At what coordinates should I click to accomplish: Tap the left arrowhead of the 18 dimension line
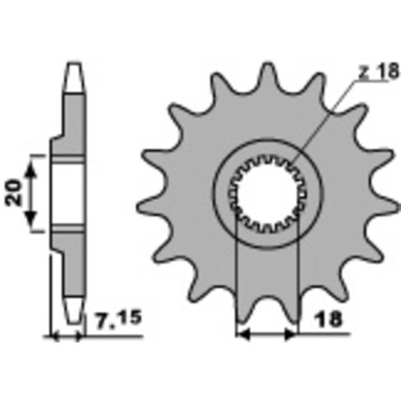[x=242, y=336]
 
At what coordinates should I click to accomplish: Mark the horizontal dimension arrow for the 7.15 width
[x=70, y=337]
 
